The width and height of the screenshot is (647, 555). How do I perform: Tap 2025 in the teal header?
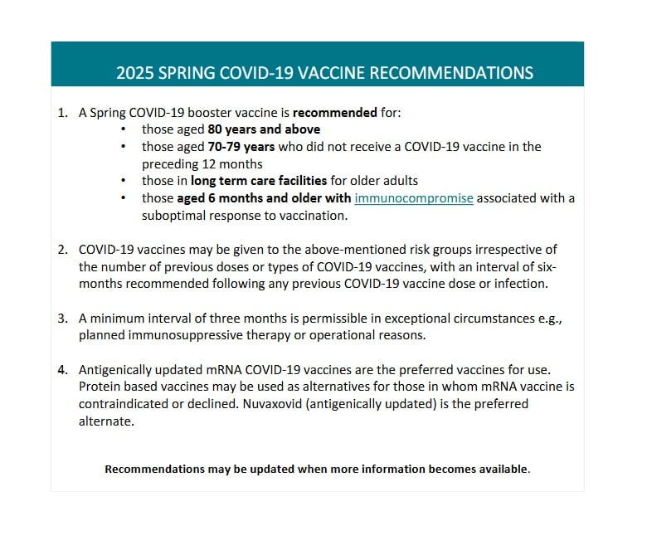coord(135,73)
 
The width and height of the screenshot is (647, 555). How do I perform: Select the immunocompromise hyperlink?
coord(414,198)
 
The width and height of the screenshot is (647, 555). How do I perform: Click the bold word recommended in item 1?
coord(334,112)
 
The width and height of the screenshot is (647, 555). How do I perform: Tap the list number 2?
coord(63,250)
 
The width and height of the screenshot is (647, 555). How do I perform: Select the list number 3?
coord(63,319)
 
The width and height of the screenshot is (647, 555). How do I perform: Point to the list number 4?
coord(63,370)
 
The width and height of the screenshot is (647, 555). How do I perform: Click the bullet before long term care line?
coord(124,181)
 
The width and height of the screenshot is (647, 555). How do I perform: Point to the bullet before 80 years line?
coord(124,129)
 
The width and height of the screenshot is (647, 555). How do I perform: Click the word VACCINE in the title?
coord(328,73)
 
